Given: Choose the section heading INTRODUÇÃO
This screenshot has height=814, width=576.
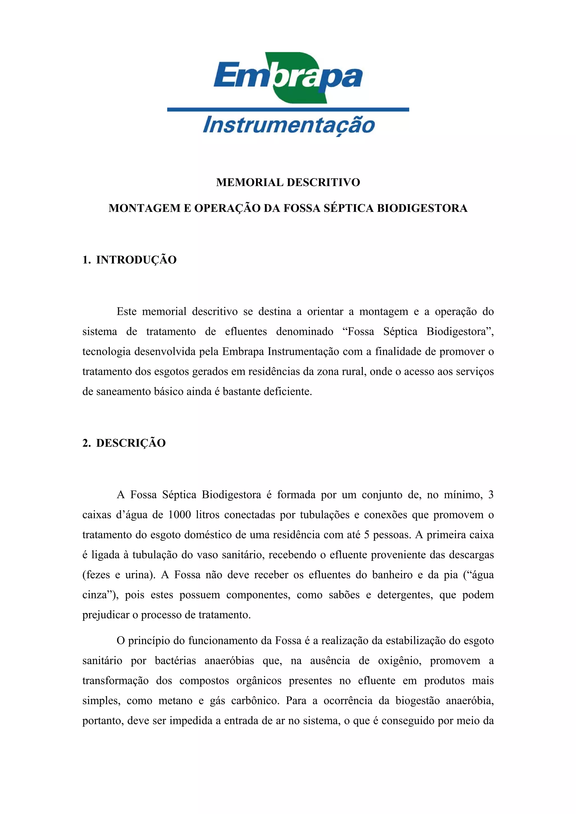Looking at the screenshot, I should point(136,260).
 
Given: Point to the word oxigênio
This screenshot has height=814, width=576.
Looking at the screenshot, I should point(399,661).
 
